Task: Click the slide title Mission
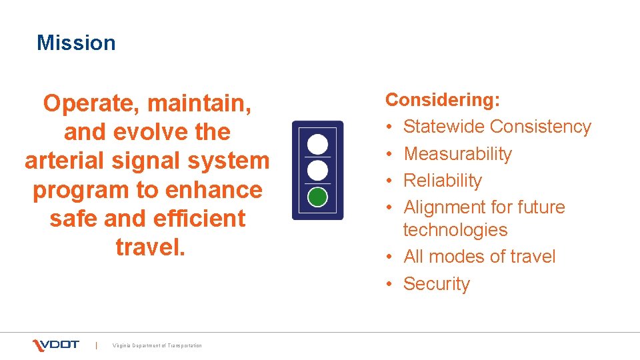[x=76, y=43]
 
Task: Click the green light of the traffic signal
[x=318, y=197]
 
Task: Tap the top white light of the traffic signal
[x=318, y=143]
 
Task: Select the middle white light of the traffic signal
[x=318, y=170]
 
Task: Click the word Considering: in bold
[x=443, y=100]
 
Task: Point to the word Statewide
[x=444, y=127]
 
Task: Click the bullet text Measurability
[x=458, y=154]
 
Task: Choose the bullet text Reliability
[x=443, y=181]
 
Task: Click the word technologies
[x=455, y=230]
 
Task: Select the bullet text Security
[x=437, y=284]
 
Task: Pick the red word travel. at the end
[x=147, y=247]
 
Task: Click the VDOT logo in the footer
[x=56, y=345]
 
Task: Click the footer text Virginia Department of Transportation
[x=157, y=345]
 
